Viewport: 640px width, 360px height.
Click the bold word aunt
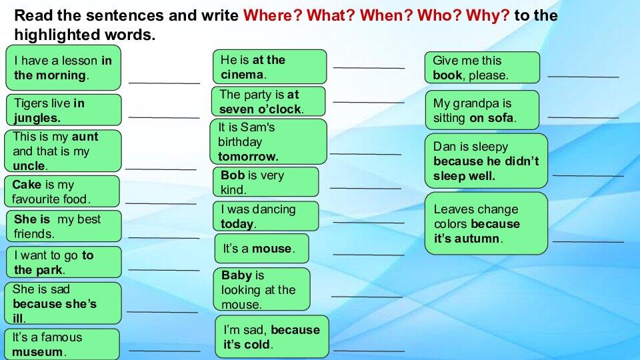(85, 137)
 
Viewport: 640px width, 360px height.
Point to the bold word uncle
(29, 166)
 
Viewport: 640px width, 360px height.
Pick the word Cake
(27, 185)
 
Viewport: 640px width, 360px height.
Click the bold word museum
(37, 352)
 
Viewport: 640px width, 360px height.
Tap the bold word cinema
(242, 75)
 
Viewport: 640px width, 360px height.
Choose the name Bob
(233, 175)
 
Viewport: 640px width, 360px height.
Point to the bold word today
(237, 224)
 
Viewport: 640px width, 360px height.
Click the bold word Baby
(236, 275)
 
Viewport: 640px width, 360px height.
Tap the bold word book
(447, 75)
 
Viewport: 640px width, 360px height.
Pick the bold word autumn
(477, 239)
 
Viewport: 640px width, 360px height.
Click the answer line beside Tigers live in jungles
(163, 117)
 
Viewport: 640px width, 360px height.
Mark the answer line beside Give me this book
(583, 77)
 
